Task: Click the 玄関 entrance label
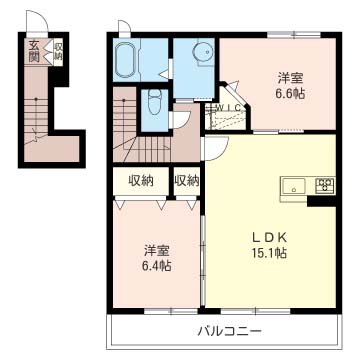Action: (34, 51)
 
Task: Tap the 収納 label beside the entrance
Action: (57, 50)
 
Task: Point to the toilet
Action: (154, 101)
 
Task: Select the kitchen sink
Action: (296, 186)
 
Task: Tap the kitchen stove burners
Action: (324, 186)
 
